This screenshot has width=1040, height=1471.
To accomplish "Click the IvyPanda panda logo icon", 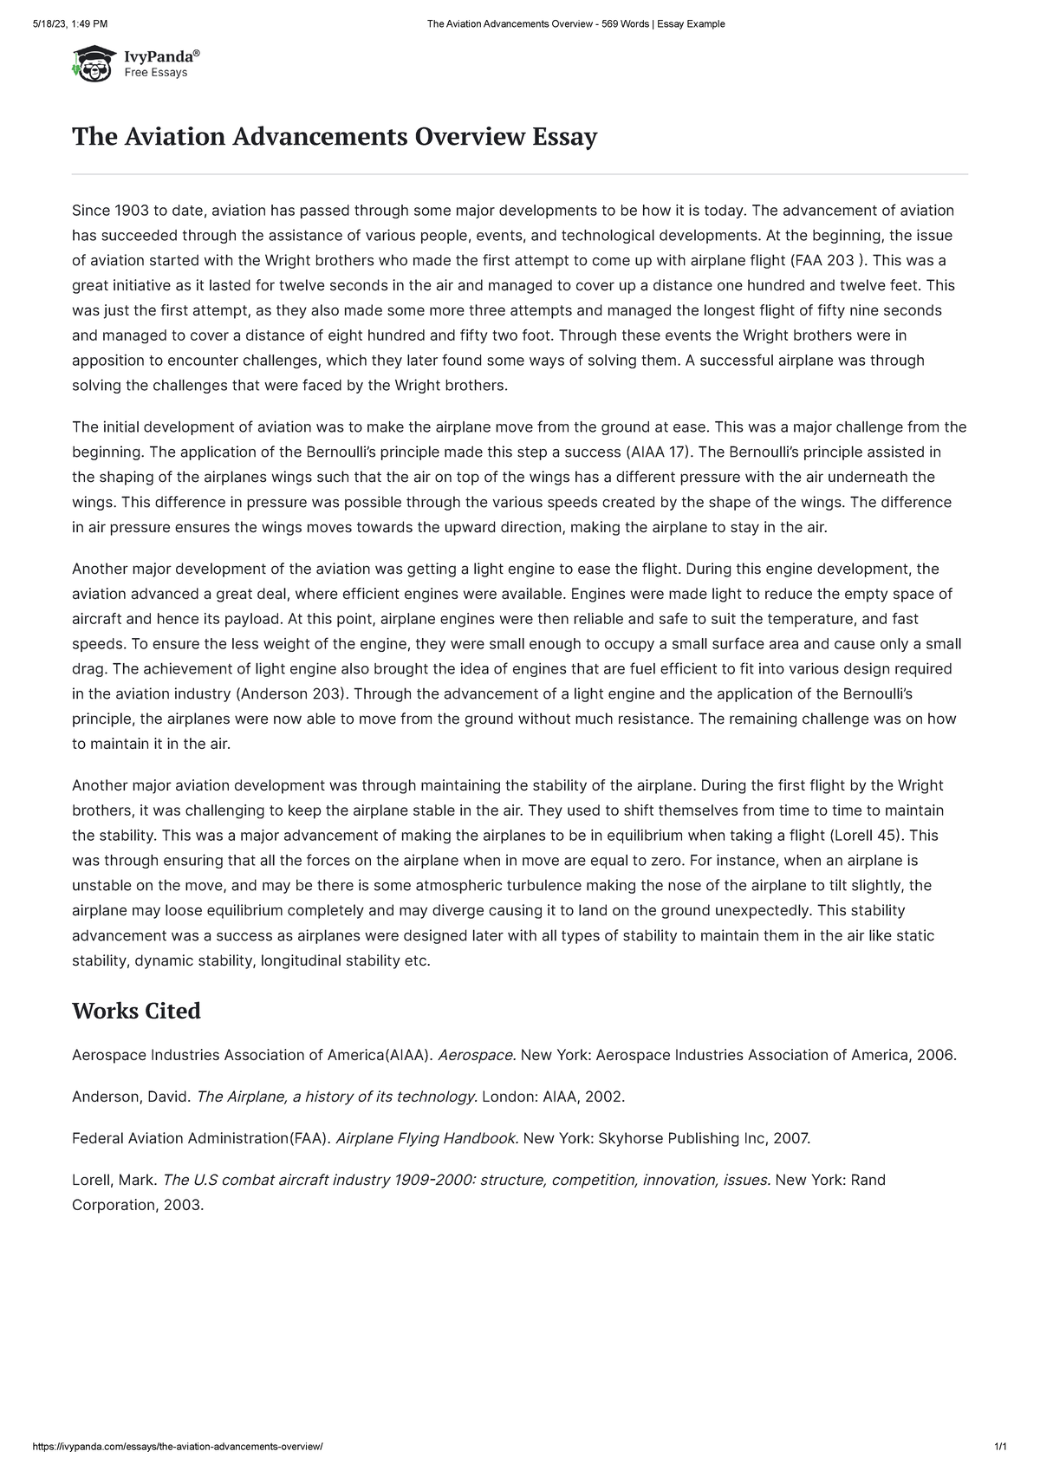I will [x=93, y=63].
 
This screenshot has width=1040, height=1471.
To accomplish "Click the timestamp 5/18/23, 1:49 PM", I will [x=71, y=23].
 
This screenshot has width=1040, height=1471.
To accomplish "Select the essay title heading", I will [x=334, y=137].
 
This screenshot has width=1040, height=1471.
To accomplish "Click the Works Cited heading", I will [x=136, y=1011].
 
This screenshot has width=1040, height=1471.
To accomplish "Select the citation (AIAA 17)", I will [x=658, y=452].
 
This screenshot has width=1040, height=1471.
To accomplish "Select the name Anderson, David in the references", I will [x=130, y=1097].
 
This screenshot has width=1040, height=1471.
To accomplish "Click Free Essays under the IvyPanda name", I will [x=156, y=73].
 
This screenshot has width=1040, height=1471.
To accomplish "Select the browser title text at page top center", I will [x=575, y=23].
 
